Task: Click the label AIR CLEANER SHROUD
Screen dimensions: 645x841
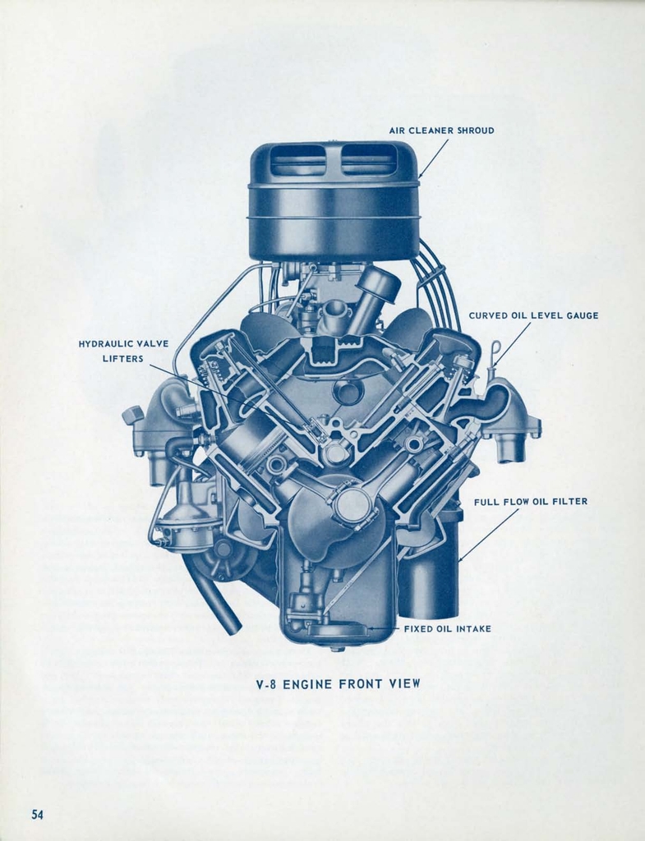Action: [x=441, y=131]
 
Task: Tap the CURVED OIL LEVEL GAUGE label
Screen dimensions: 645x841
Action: [x=533, y=315]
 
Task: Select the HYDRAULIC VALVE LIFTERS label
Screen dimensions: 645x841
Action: [x=123, y=351]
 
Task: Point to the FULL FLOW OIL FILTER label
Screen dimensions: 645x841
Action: [x=531, y=502]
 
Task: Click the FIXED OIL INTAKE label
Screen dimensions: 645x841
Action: [x=447, y=628]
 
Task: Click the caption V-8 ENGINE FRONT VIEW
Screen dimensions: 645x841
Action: [x=338, y=684]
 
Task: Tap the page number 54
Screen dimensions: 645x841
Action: [x=37, y=814]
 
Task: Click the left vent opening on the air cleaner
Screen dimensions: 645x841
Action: [x=297, y=159]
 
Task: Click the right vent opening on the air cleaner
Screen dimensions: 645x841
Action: [x=368, y=159]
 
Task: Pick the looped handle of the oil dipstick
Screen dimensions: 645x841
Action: [x=495, y=347]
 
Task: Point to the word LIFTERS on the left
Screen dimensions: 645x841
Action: [x=123, y=358]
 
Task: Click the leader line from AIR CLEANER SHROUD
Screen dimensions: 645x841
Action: [x=433, y=159]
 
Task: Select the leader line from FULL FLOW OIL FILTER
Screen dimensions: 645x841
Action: [x=488, y=535]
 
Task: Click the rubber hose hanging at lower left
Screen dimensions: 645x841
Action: [x=211, y=593]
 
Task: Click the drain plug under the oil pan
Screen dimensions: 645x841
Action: [x=335, y=649]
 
